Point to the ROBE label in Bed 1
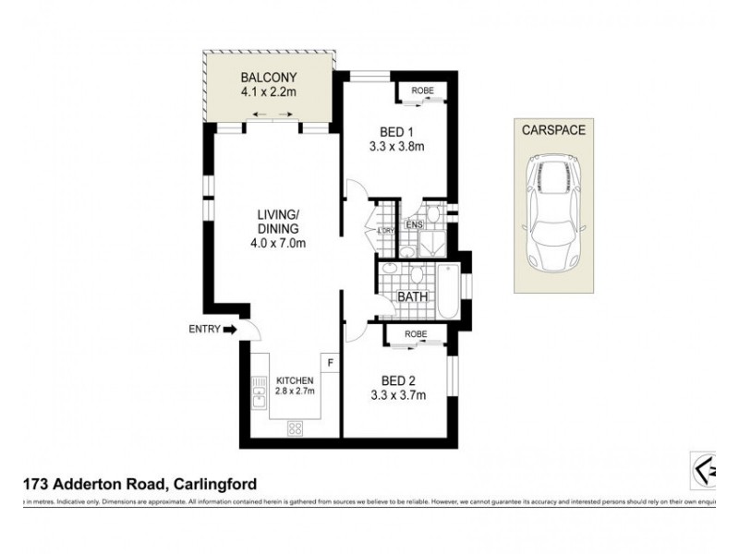(x=420, y=90)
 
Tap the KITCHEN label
(x=296, y=381)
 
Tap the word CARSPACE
(x=552, y=130)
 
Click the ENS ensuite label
(x=413, y=225)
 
